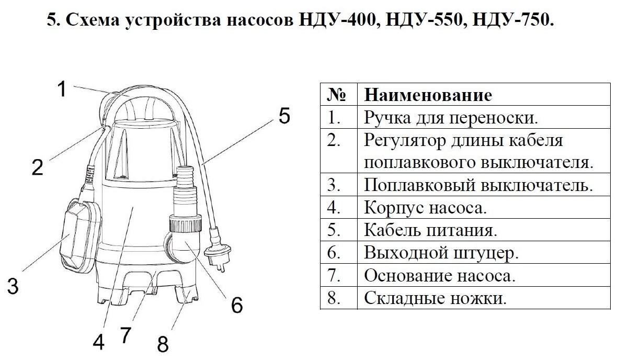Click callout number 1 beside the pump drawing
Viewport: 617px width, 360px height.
[62, 88]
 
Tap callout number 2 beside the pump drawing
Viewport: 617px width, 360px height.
[37, 167]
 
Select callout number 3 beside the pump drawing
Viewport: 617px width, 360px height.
[13, 286]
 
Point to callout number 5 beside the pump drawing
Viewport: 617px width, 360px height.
[283, 116]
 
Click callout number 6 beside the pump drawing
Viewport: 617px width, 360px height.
[236, 305]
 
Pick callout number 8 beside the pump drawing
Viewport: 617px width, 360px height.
[163, 344]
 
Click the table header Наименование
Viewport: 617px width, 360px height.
[428, 95]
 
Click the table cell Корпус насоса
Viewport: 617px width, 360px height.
[425, 208]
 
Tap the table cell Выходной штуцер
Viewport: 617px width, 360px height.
[441, 253]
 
